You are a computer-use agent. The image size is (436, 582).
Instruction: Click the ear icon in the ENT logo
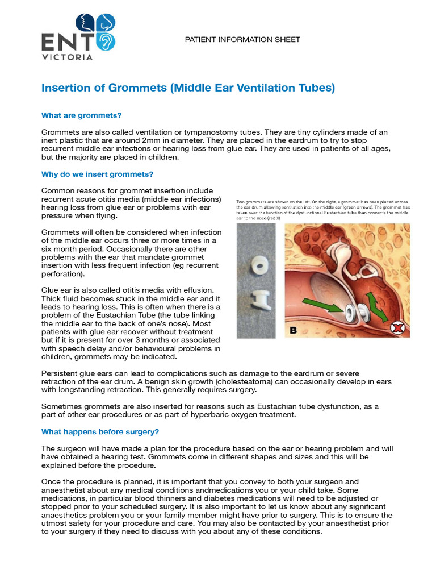coord(106,41)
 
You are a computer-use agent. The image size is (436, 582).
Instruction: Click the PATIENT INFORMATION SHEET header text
coord(242,40)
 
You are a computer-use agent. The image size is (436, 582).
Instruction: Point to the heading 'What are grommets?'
coord(81,115)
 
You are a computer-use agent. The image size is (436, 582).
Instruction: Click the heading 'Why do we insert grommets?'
coord(97,174)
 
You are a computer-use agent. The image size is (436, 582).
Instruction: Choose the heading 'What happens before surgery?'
coord(100,432)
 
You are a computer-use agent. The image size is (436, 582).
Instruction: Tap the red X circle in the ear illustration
coord(397,328)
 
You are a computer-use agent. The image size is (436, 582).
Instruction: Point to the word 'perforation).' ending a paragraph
coord(63,274)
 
